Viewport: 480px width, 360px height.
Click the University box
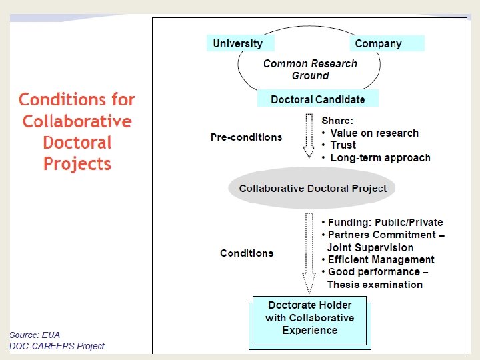238,43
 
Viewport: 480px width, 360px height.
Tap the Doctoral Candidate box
318,99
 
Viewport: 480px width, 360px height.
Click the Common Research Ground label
310,69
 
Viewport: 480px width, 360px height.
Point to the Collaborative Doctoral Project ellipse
313,188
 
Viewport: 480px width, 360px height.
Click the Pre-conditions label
247,137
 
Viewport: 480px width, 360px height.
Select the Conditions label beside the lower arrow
247,253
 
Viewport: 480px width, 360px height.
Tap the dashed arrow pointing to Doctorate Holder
309,253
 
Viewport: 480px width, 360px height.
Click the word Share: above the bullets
337,121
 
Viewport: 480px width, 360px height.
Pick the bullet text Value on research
374,133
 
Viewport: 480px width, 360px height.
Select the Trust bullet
343,145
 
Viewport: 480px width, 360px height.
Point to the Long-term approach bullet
380,158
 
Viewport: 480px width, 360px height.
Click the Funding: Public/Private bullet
385,223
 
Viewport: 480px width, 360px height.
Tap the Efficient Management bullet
381,260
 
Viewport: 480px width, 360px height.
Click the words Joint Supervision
370,247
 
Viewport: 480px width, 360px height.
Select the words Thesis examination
375,285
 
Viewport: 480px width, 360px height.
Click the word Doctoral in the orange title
77,143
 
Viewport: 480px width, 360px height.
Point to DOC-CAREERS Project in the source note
57,346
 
